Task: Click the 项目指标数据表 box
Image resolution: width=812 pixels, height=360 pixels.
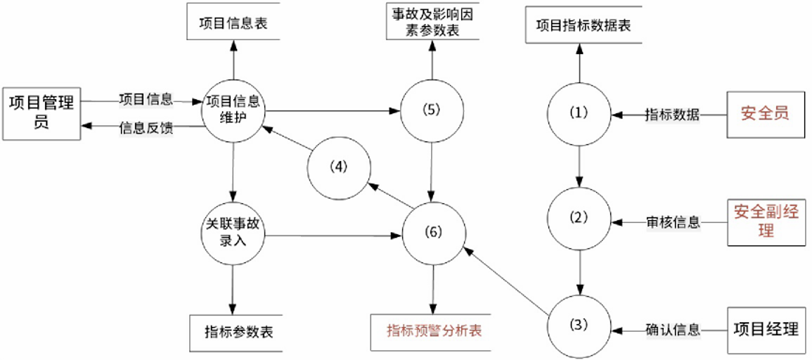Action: [584, 26]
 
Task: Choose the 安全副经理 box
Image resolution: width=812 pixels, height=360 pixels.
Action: [766, 221]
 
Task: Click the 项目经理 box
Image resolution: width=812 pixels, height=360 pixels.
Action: [766, 328]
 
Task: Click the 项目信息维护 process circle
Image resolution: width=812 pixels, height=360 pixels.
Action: [232, 109]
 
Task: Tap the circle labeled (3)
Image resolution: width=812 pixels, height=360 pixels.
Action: [580, 326]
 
